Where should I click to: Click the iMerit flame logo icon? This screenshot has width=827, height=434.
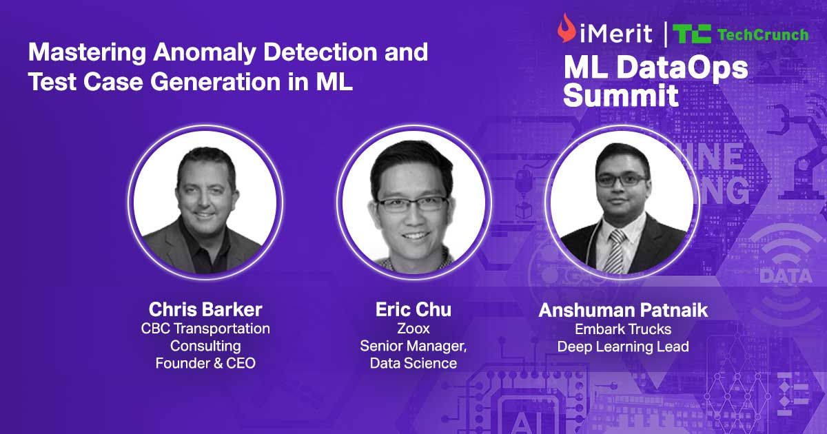click(566, 29)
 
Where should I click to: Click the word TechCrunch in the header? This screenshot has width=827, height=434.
click(762, 34)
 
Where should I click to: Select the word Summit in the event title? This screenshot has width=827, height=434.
click(620, 95)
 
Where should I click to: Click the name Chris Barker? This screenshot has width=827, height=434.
click(205, 309)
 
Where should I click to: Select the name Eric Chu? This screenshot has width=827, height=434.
click(413, 309)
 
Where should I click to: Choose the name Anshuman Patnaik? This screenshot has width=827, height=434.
click(622, 310)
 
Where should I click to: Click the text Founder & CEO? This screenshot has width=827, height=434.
click(205, 363)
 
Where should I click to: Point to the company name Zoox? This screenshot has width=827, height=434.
click(413, 329)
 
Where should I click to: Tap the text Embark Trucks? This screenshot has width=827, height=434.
click(622, 329)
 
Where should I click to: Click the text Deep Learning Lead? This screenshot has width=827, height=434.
click(622, 347)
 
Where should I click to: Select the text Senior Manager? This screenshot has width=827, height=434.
click(413, 346)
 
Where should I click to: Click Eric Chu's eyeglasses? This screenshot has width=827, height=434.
click(412, 203)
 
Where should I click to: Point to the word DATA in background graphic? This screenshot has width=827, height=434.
click(785, 276)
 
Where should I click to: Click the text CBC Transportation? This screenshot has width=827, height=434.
click(205, 329)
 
